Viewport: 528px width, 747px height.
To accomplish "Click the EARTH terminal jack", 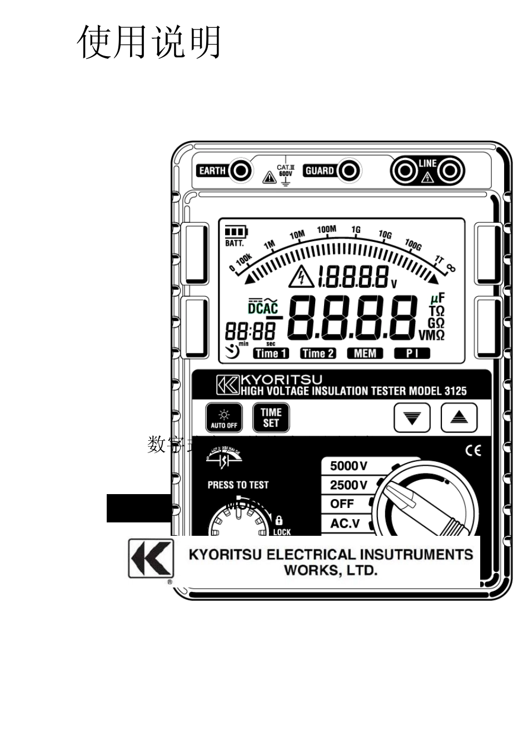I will [x=241, y=171].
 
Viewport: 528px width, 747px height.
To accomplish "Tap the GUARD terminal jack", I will [x=349, y=171].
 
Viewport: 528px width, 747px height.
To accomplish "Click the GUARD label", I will [x=320, y=171].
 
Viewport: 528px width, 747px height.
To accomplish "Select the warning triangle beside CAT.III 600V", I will [x=270, y=178].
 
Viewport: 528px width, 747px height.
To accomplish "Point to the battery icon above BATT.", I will [x=236, y=232].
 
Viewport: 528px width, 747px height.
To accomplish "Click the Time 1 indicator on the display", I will [x=271, y=353].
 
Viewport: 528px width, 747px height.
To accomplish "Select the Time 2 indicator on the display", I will [x=318, y=353].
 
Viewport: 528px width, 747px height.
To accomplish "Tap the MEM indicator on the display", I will [x=365, y=353].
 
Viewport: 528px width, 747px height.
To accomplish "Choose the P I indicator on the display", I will [x=412, y=353].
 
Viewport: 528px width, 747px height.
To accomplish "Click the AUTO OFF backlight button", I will [x=224, y=418].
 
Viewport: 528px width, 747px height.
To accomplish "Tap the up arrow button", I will [x=459, y=418].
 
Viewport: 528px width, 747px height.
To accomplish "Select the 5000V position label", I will [x=348, y=466].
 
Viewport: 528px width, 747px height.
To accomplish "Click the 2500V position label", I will [x=348, y=485].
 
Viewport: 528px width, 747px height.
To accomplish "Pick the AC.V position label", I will [x=345, y=524].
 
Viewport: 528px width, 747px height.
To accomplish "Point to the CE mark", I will [x=473, y=451].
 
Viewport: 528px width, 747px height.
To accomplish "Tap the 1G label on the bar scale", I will [x=356, y=230].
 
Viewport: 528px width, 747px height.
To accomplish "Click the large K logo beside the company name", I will [x=151, y=557].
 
